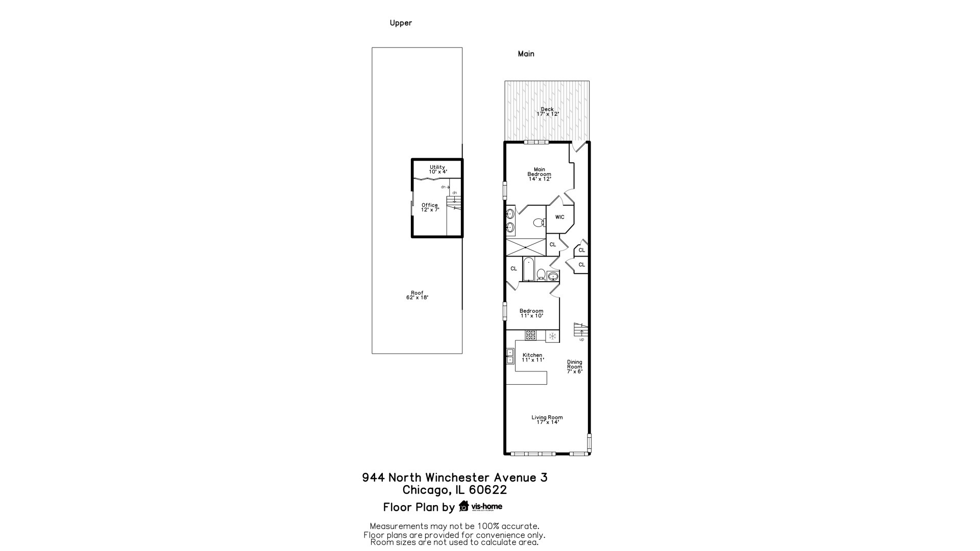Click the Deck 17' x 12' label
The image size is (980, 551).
pos(547,112)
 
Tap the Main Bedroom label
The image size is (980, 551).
pos(539,174)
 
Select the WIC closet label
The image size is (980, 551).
pos(559,217)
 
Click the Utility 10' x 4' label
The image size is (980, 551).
pos(437,169)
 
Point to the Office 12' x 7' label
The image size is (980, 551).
pos(430,207)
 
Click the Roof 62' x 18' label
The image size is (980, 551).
pos(417,295)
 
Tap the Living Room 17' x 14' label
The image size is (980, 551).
pos(547,419)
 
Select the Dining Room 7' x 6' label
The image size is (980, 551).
pos(574,367)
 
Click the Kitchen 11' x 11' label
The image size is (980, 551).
pos(532,357)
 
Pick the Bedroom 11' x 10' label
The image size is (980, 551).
pos(531,313)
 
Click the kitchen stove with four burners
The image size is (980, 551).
pos(531,335)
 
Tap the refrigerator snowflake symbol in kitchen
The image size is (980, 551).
pos(552,336)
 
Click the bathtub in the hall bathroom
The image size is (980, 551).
pos(528,269)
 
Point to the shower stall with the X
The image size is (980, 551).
pos(525,247)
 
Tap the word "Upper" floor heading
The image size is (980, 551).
pos(401,23)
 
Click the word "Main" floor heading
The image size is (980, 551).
pos(526,54)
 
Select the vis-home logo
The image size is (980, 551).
pos(480,506)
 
